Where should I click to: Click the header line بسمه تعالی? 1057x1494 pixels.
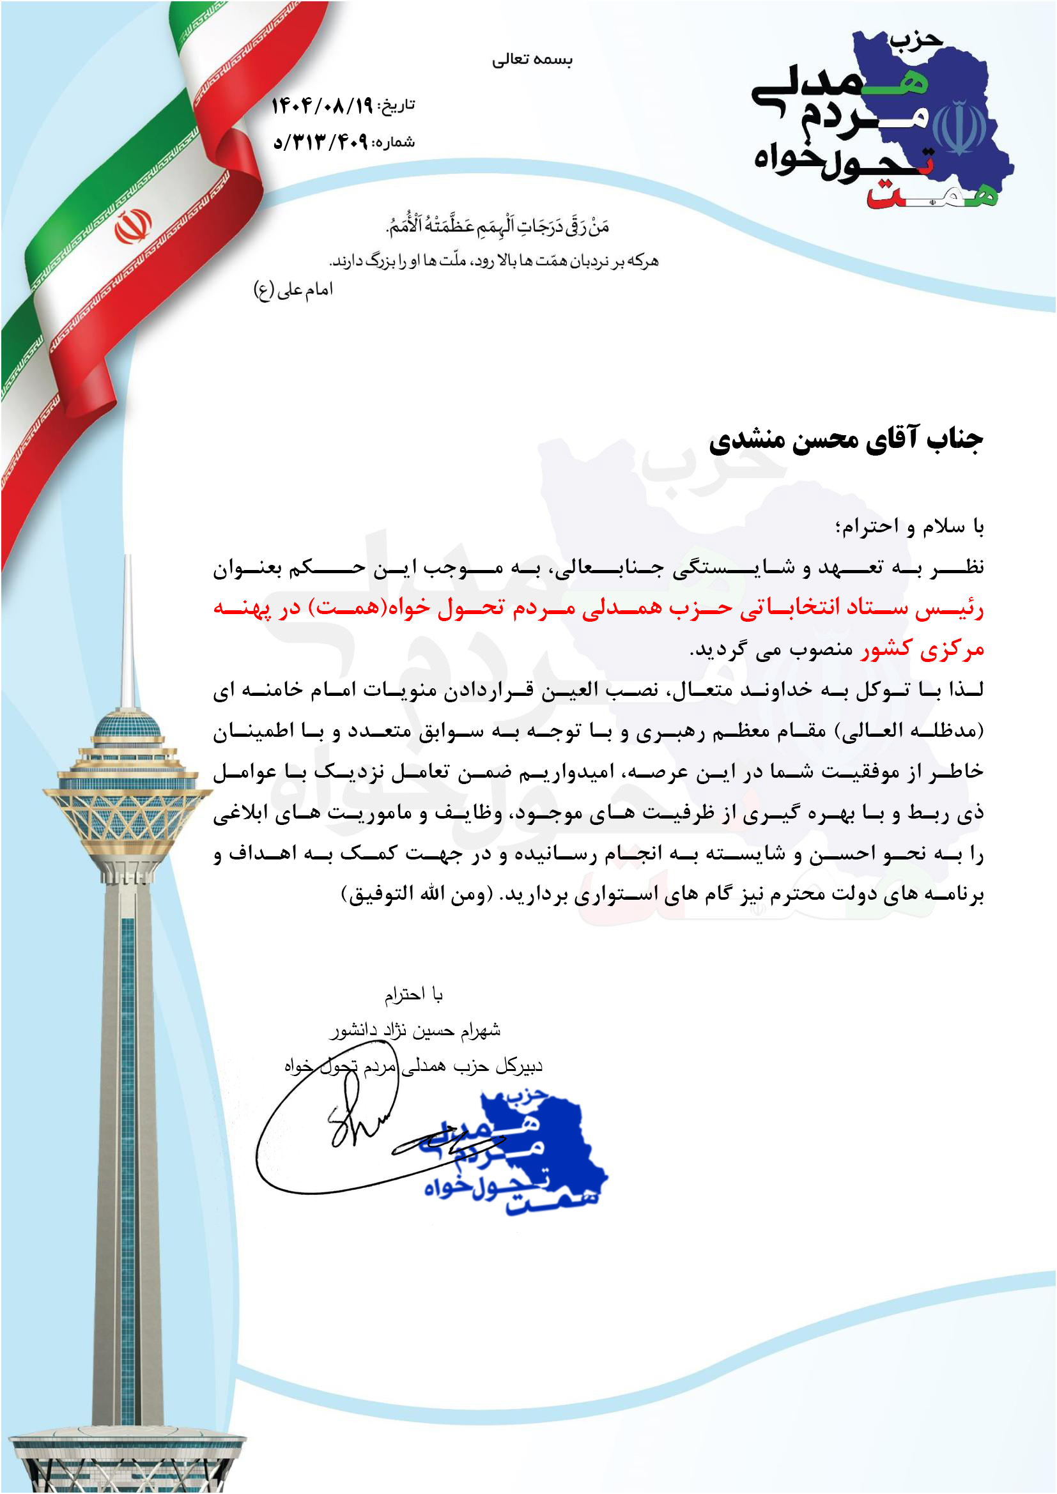(532, 60)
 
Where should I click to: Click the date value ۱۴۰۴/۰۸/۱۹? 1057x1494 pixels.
(321, 105)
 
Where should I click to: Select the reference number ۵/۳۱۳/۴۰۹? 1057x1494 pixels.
(320, 142)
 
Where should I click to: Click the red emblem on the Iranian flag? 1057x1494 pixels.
(133, 226)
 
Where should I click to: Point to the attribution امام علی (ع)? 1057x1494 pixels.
(293, 289)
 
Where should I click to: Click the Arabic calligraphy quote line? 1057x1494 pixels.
(498, 225)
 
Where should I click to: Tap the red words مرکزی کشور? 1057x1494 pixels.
(922, 649)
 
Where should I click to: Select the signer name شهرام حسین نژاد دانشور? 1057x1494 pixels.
(415, 1029)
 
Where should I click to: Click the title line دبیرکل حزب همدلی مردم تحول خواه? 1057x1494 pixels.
(413, 1065)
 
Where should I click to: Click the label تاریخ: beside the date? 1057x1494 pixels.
(396, 105)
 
